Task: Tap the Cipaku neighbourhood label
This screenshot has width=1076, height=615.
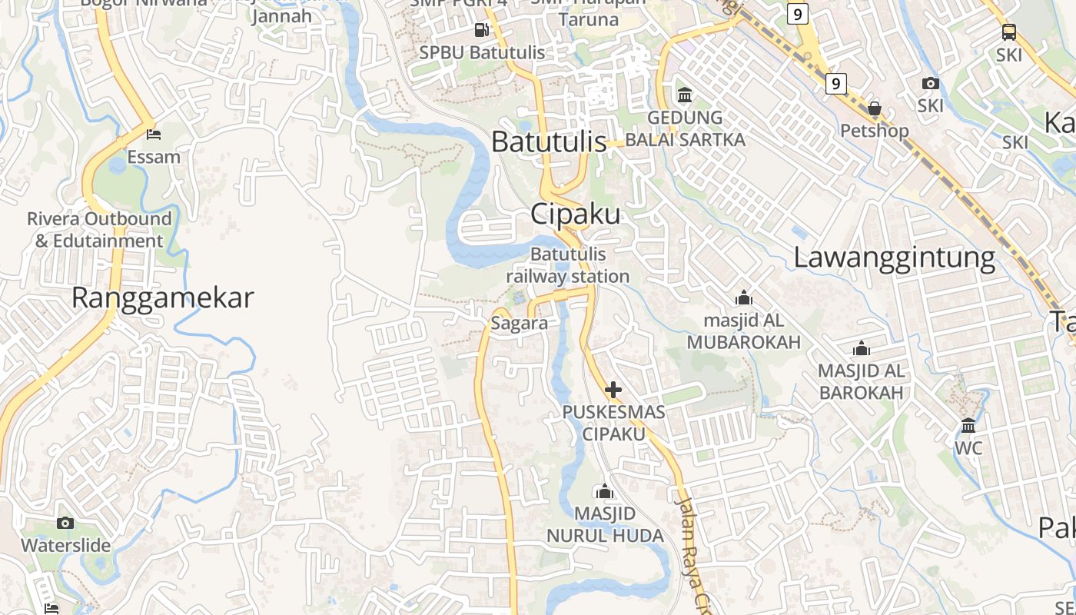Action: coord(576,214)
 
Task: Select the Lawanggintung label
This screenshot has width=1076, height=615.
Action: coord(894,257)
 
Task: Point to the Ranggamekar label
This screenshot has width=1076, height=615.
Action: coord(162,298)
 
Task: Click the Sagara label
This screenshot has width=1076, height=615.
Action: coord(520,323)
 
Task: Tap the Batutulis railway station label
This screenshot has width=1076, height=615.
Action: coord(568,265)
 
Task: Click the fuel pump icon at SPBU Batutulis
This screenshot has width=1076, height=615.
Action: coord(482,30)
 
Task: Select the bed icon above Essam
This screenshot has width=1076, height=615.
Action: coord(154,134)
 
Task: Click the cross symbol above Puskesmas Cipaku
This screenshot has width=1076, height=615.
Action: coord(613,389)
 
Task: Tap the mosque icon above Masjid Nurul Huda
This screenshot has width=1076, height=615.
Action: coord(605,490)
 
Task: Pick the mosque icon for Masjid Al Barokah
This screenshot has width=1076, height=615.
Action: coord(861,348)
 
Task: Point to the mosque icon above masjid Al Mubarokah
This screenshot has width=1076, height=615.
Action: coord(743,298)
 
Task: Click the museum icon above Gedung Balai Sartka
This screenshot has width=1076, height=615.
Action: coord(684,95)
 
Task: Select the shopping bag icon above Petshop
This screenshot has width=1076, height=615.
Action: coord(874,108)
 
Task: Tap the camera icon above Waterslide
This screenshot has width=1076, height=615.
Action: coord(65,523)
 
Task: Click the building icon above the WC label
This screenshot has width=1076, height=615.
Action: coord(968,424)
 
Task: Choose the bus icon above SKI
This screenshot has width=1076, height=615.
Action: coord(1008,32)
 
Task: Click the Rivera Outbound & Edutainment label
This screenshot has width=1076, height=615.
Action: coord(99,230)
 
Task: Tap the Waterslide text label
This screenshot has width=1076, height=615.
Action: coord(65,546)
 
